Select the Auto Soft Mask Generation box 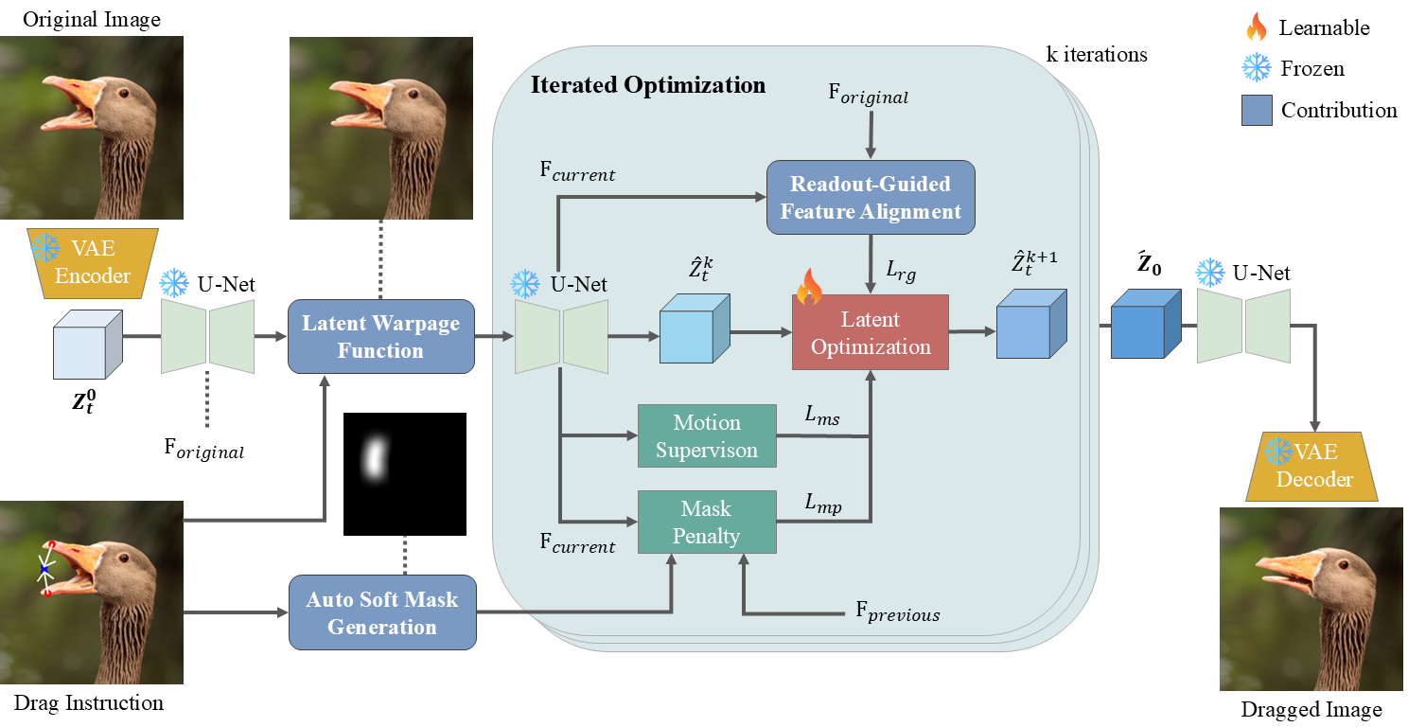point(381,612)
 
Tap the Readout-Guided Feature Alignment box point(870,198)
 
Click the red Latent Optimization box point(870,332)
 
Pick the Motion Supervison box point(707,435)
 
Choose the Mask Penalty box point(707,523)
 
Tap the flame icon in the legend point(1257,28)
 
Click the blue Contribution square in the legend point(1257,110)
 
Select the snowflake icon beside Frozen point(1257,68)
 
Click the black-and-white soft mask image point(405,474)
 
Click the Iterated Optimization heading point(648,85)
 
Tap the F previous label point(898,613)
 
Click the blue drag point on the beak point(44,568)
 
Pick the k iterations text point(1097,55)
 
